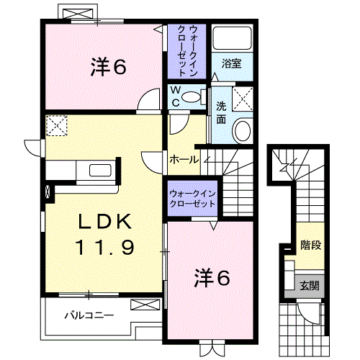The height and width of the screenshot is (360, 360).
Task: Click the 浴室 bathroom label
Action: [231, 63]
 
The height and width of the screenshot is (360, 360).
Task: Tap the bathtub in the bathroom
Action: [231, 39]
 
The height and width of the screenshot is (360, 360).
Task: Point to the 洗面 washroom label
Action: [221, 113]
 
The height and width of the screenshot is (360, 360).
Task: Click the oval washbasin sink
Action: [243, 131]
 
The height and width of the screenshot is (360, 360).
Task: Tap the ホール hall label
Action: [184, 159]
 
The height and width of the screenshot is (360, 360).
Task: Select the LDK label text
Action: [104, 222]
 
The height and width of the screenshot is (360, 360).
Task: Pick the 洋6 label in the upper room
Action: [109, 67]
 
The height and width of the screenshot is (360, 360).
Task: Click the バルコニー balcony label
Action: [89, 315]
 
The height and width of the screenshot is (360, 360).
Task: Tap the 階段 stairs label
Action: [311, 245]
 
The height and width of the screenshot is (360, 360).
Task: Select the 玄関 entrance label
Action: [311, 284]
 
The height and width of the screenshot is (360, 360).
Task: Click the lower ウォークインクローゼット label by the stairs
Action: [192, 199]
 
